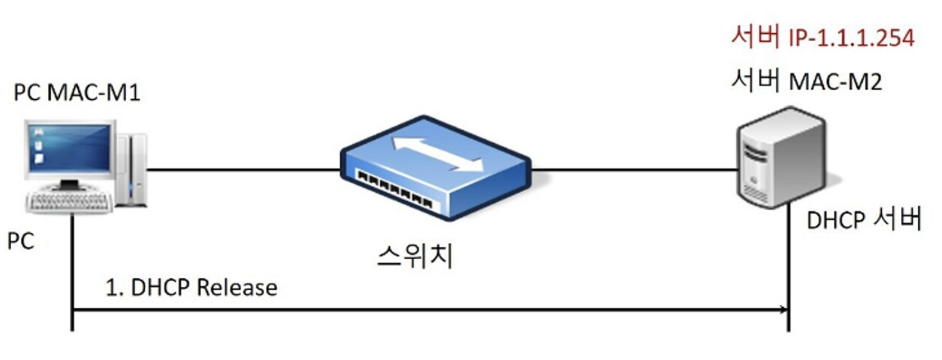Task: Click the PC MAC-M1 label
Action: [77, 92]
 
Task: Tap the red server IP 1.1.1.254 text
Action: [823, 37]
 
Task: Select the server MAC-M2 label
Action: [807, 81]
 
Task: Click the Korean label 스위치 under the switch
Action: [415, 255]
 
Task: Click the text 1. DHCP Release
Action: [191, 287]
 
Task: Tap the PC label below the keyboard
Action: [21, 242]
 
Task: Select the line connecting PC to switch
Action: [243, 169]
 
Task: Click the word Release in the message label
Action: [237, 287]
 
